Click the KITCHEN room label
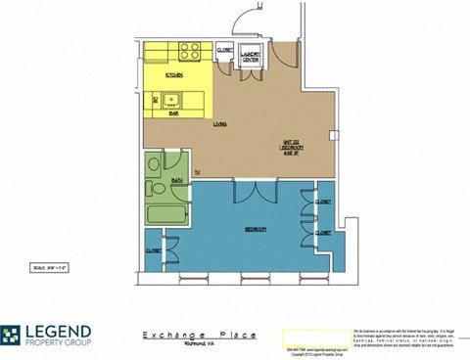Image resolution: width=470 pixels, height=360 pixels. pyautogui.click(x=175, y=74)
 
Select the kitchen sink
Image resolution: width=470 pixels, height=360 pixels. pyautogui.click(x=169, y=98)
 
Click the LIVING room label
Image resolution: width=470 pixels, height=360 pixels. pyautogui.click(x=221, y=123)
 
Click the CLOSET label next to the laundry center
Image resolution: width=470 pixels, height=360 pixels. pyautogui.click(x=223, y=50)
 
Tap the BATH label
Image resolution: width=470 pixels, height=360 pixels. pyautogui.click(x=178, y=181)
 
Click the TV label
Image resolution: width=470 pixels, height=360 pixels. pyautogui.click(x=196, y=173)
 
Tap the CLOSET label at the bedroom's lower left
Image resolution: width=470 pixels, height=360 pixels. pyautogui.click(x=154, y=249)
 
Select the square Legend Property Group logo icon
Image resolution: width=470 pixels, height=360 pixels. pyautogui.click(x=13, y=337)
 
